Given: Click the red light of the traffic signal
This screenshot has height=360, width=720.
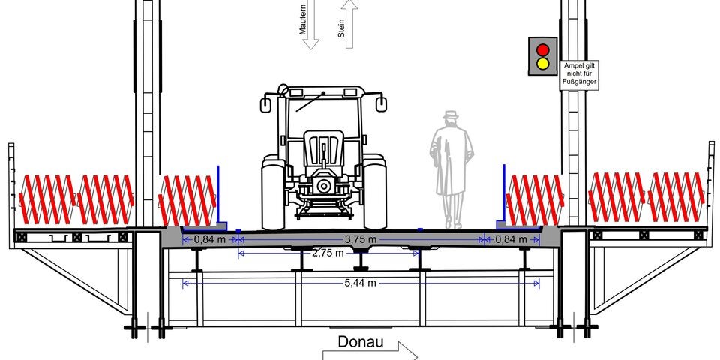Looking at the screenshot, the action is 543,49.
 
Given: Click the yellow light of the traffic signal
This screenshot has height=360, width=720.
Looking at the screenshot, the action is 543,63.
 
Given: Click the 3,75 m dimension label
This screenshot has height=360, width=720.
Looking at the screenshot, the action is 361,239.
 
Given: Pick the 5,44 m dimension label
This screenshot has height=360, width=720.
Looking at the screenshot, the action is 361,283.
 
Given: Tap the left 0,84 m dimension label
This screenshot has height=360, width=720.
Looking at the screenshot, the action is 209,239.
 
